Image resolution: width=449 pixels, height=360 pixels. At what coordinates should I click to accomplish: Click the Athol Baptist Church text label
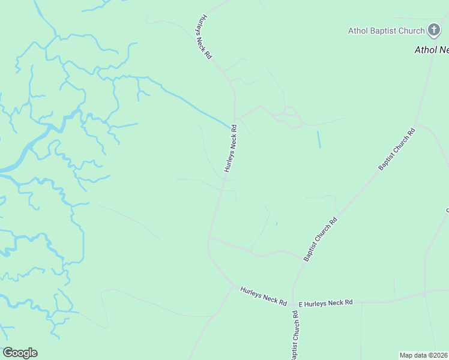click(x=387, y=30)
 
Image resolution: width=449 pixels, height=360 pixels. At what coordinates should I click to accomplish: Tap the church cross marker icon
click(x=435, y=30)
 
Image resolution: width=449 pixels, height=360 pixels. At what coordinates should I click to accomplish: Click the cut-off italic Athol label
click(x=431, y=50)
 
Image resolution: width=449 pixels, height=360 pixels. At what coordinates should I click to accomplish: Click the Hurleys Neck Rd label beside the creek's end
click(x=231, y=148)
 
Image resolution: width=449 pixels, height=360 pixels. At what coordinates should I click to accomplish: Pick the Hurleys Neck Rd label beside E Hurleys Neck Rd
click(x=263, y=295)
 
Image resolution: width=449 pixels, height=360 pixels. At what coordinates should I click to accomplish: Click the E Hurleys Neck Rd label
click(x=325, y=304)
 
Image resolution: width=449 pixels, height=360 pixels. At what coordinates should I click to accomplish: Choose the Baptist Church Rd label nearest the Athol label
click(x=396, y=148)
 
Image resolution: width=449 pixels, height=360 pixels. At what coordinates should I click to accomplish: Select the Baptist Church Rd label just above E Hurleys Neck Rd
click(x=321, y=238)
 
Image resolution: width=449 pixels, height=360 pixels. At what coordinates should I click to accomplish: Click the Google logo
click(x=20, y=353)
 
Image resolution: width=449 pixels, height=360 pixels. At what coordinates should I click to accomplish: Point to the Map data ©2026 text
click(x=423, y=355)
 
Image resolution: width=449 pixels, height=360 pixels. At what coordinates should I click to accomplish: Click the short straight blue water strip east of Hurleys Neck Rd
click(x=319, y=140)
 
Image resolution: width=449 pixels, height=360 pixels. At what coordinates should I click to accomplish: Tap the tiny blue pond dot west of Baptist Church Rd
click(x=276, y=224)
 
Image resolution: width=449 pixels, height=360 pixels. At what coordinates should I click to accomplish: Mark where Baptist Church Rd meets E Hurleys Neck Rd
click(x=292, y=303)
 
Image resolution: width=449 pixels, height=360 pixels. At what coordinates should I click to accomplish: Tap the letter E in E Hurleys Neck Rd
click(x=301, y=304)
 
